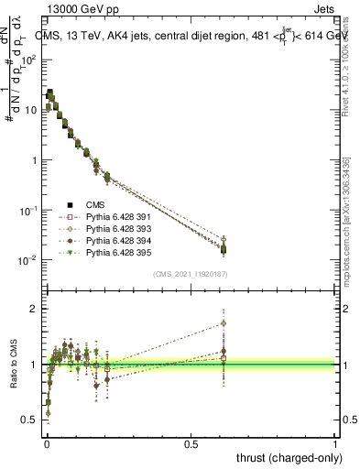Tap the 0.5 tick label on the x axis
tap(191, 442)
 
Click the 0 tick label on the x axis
tap(47, 442)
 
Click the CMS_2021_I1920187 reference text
tap(191, 274)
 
